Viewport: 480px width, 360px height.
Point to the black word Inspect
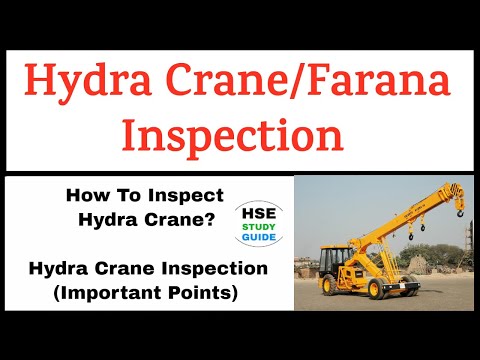tap(189, 197)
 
